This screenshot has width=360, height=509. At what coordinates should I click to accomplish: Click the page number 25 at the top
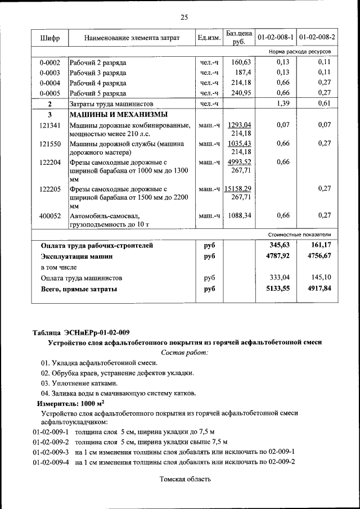coord(183,17)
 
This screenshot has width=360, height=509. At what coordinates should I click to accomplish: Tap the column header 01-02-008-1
coord(276,38)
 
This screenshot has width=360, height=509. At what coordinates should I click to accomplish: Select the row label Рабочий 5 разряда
coord(98,93)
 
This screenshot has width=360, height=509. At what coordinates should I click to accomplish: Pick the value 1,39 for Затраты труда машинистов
coord(283,103)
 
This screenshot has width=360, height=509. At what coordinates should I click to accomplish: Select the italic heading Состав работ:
coord(184,352)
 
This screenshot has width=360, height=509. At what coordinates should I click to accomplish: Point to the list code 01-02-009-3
coord(51,452)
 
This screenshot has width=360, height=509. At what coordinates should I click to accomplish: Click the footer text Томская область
coord(185,479)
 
